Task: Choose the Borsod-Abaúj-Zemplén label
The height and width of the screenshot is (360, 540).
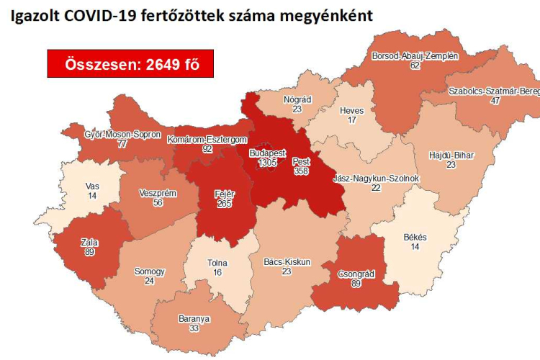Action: click(x=415, y=55)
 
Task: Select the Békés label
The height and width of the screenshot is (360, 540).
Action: click(x=415, y=237)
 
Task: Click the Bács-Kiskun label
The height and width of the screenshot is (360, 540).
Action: click(x=287, y=262)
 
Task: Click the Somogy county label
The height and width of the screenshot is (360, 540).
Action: click(x=150, y=271)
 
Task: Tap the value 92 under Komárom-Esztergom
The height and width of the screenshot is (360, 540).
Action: click(x=207, y=149)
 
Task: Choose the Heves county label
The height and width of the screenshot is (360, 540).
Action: click(x=352, y=111)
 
